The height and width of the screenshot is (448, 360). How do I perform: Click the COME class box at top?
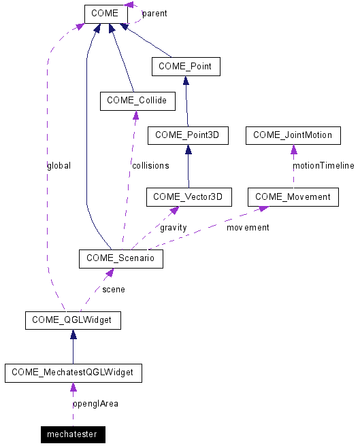click(105, 14)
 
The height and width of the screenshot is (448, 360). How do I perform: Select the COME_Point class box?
click(186, 67)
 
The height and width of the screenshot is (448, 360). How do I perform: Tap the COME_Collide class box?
click(137, 101)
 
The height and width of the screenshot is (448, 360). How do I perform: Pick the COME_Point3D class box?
click(187, 135)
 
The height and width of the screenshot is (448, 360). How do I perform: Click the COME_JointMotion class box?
click(293, 135)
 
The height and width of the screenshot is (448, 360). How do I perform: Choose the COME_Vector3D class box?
click(189, 197)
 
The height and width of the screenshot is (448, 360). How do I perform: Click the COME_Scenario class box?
click(120, 258)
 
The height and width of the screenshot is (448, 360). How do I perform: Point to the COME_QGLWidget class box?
click(73, 320)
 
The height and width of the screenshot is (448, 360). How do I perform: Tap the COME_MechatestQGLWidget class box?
click(73, 373)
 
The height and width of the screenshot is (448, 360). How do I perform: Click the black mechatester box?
click(72, 434)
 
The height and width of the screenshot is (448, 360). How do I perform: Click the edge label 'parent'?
click(154, 14)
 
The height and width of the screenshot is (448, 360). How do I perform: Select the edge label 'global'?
click(59, 165)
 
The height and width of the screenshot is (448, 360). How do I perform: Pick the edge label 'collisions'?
click(150, 165)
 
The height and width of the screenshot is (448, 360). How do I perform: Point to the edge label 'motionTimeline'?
click(323, 165)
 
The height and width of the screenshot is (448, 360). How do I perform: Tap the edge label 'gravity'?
click(173, 227)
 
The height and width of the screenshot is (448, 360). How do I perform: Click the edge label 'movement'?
click(248, 227)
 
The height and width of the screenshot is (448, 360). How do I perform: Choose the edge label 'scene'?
click(113, 289)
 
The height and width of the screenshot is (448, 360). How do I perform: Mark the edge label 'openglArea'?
click(95, 403)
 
